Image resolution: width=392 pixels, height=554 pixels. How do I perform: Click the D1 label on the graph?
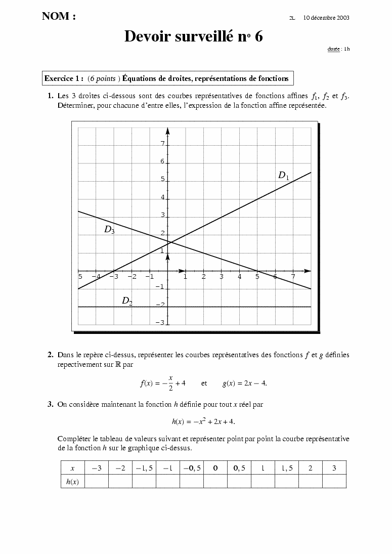click(283, 176)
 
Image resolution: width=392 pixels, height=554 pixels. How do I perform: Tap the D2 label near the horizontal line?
click(127, 301)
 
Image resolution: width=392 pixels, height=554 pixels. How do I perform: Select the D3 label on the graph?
click(109, 230)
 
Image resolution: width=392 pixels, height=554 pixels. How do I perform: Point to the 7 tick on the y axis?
click(162, 144)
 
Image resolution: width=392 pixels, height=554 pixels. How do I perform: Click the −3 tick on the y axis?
click(160, 323)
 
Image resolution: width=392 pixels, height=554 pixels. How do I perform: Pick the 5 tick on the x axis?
click(257, 277)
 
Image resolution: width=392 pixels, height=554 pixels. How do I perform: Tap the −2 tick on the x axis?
click(132, 277)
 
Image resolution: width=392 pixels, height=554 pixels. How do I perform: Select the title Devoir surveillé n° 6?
click(194, 36)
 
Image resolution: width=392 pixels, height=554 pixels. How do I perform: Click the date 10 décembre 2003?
click(326, 18)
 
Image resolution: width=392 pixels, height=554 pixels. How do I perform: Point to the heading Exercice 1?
click(64, 78)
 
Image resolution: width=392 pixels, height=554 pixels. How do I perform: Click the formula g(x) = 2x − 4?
click(245, 383)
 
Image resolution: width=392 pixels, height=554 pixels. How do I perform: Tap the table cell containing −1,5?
click(144, 468)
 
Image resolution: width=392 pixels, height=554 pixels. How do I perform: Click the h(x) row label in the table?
click(72, 482)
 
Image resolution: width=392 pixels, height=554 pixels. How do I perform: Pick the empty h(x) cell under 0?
click(215, 482)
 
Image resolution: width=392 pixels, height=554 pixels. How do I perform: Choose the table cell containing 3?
click(334, 468)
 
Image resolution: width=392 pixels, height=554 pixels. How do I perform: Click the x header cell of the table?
click(72, 468)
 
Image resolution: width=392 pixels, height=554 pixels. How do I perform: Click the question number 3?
click(51, 404)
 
